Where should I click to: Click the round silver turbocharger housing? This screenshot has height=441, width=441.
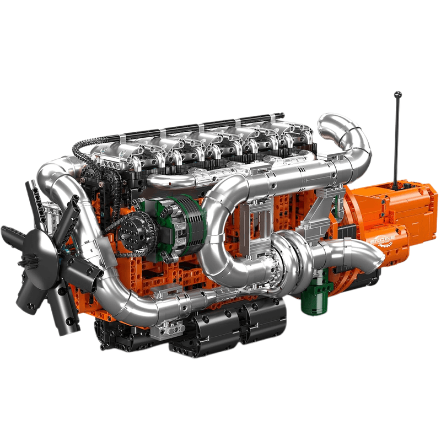(287, 251)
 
